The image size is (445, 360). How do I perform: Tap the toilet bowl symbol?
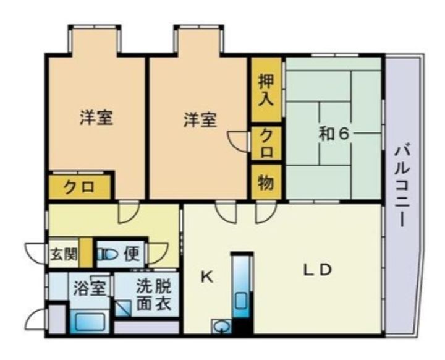[108, 254]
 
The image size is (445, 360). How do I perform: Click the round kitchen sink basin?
[222, 326]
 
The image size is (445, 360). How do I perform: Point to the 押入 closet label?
[266, 90]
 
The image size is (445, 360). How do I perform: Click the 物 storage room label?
[266, 182]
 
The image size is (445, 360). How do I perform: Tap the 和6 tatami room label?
[333, 134]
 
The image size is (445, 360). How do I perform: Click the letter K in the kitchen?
[207, 276]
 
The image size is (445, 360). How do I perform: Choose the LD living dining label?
[317, 270]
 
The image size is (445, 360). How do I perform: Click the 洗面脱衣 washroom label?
[154, 295]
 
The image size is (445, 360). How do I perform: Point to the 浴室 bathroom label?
[90, 288]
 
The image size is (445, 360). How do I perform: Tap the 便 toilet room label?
[132, 254]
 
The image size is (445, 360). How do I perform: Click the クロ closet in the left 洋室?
[79, 187]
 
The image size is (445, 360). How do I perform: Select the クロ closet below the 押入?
[266, 143]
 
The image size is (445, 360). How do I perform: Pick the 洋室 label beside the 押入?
[200, 119]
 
